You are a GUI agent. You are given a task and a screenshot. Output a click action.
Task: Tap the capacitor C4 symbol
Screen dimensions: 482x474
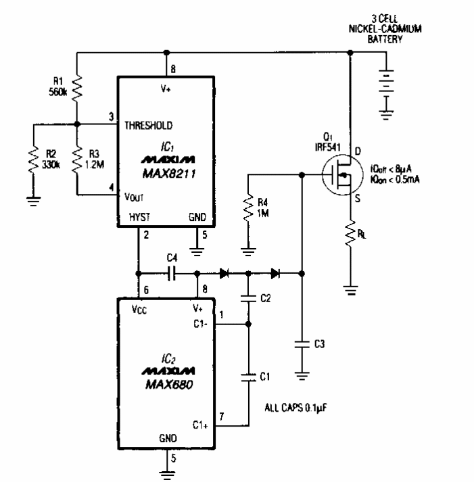tap(170, 273)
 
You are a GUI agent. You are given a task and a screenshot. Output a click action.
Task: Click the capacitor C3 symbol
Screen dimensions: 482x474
tap(302, 344)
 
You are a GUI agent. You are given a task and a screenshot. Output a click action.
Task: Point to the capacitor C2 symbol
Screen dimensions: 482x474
tap(249, 297)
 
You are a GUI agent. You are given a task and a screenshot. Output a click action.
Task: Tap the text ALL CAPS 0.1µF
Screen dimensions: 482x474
tap(300, 409)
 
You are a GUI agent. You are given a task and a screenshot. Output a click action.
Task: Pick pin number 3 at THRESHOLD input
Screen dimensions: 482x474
tap(110, 117)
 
